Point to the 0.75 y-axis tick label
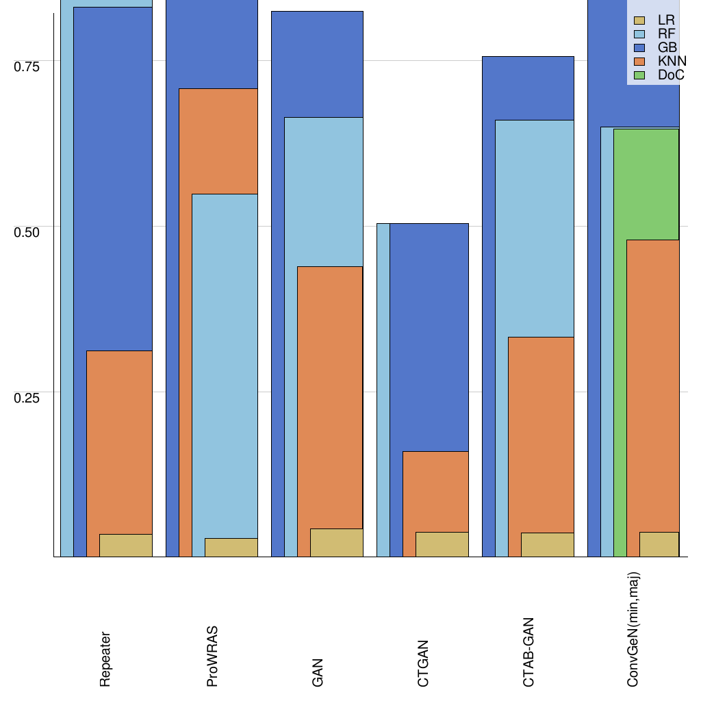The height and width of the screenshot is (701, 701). click(x=27, y=66)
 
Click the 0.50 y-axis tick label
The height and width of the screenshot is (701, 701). click(x=27, y=231)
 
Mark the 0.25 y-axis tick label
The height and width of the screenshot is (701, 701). click(x=27, y=397)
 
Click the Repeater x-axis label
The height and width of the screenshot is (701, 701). click(x=105, y=659)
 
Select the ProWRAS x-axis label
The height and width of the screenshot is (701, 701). click(x=212, y=655)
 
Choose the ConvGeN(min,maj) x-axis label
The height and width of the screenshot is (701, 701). click(x=633, y=630)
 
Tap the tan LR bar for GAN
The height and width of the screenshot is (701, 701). click(x=336, y=543)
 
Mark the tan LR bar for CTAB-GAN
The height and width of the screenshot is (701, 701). click(x=547, y=545)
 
